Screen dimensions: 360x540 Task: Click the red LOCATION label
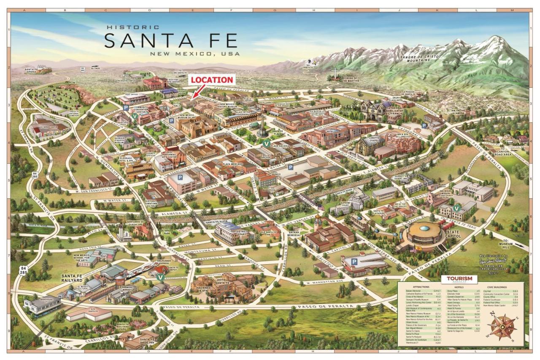[x=211, y=80]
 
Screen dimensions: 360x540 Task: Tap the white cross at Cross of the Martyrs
[x=335, y=73]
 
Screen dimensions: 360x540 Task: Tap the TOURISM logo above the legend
[x=459, y=279]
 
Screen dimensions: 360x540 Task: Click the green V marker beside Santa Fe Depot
[x=160, y=277]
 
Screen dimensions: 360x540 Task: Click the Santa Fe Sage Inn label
[x=148, y=341]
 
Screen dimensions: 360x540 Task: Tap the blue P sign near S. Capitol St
[x=354, y=262]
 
